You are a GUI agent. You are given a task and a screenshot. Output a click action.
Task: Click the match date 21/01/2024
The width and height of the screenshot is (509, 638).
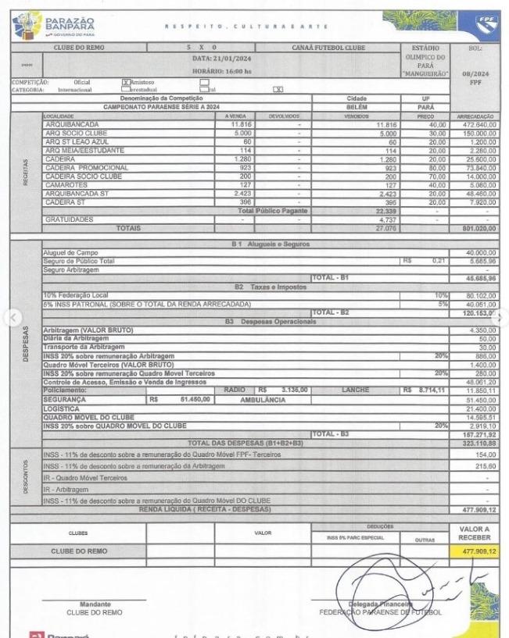click(224, 59)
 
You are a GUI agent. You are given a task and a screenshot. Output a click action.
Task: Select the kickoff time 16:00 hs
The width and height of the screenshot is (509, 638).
click(224, 72)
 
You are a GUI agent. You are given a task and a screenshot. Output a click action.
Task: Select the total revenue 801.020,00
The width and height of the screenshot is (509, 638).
click(477, 228)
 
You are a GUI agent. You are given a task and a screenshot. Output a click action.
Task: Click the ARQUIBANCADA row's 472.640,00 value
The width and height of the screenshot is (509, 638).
click(478, 123)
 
